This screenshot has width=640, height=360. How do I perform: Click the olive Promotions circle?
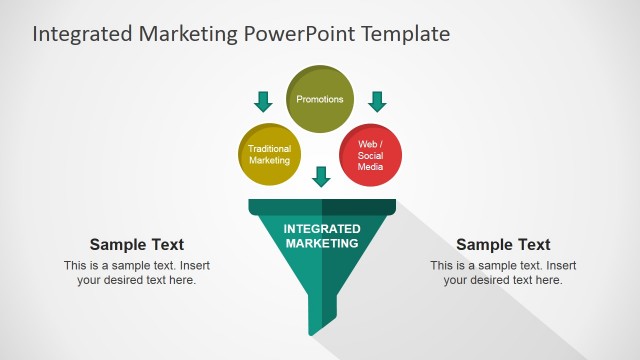[321, 99]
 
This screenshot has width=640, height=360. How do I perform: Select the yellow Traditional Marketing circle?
[269, 154]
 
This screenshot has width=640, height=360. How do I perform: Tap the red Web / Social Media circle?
[370, 155]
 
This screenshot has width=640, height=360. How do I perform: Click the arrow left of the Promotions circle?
[263, 101]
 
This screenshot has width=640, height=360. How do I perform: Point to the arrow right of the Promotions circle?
[377, 101]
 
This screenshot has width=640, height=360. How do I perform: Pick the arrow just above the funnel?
[321, 177]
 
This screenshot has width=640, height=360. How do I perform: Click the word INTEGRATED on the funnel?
[321, 229]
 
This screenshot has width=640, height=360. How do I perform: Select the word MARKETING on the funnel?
[321, 243]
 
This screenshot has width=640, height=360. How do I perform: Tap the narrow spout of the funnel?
[321, 315]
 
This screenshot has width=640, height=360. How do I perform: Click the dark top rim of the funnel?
[321, 207]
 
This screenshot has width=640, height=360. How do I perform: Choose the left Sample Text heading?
[137, 245]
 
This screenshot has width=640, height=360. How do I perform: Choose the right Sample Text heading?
[503, 245]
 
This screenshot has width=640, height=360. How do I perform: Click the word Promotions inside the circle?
[321, 99]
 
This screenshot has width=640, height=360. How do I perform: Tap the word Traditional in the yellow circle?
[269, 149]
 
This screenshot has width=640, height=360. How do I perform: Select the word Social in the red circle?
[370, 156]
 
